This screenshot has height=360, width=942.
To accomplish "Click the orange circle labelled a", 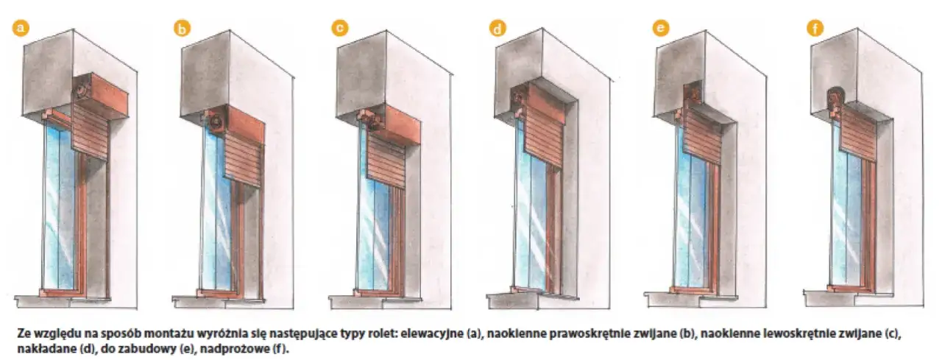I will click(21, 28).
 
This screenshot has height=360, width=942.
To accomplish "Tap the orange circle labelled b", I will click(181, 29).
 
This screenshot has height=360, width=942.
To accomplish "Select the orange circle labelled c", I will click(339, 28).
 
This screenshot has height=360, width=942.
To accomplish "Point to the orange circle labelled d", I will click(498, 29).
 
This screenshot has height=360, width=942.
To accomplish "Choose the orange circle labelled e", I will click(660, 28).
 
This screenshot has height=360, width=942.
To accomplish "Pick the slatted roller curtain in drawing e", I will click(703, 136).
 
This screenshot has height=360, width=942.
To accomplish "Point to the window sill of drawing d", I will click(515, 299).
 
